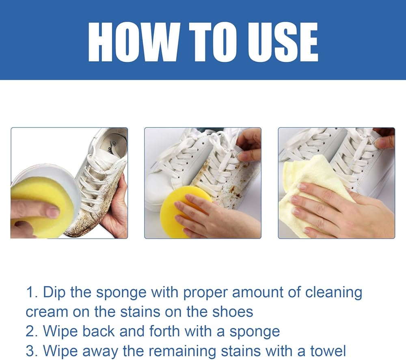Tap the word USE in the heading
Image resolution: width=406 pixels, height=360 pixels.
point(283,42)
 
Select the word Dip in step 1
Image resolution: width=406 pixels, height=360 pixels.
point(54,293)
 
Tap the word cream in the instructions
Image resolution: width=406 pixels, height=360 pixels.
point(47,312)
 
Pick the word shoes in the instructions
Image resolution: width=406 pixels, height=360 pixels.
point(233,312)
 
